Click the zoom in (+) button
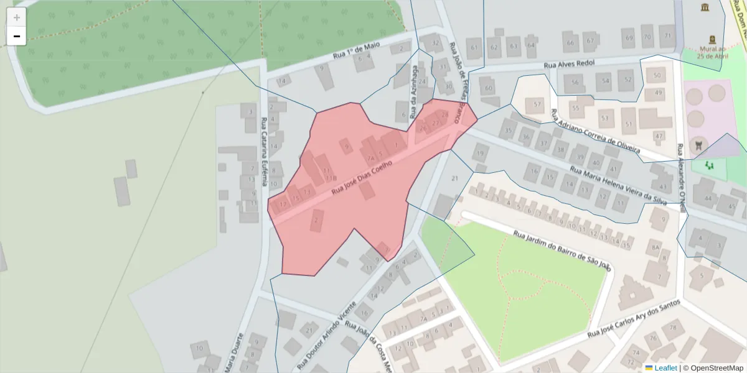click(17, 17)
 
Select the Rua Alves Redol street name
click(569, 64)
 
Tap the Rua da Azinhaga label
click(413, 93)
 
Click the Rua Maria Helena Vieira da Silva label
click(619, 185)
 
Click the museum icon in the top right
click(705, 7)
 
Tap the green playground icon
click(709, 165)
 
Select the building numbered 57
click(537, 103)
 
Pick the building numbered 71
click(667, 36)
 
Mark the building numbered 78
click(672, 328)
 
